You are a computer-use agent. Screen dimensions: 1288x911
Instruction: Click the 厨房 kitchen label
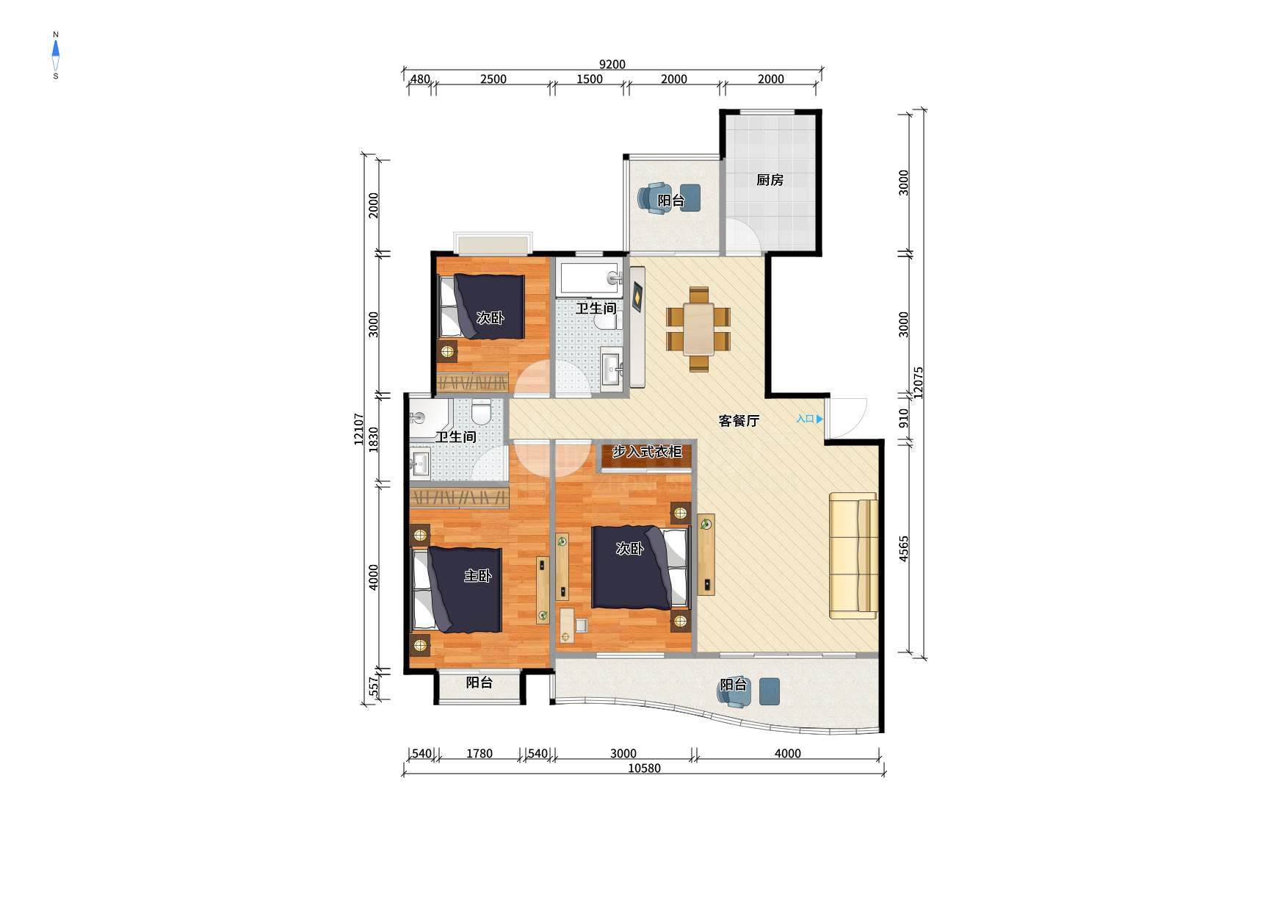click(770, 180)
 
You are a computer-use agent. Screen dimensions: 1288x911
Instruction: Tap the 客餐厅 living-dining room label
click(739, 421)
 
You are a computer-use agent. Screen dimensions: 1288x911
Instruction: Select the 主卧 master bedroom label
click(477, 576)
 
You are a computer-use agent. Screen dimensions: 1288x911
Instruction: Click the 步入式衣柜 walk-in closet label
click(647, 452)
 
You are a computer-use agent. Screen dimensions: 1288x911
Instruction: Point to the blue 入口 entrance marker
click(809, 419)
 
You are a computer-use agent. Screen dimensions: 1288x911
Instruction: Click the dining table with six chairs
click(698, 329)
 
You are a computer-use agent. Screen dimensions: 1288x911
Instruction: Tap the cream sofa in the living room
click(853, 555)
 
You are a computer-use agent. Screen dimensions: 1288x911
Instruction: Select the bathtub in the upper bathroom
click(590, 278)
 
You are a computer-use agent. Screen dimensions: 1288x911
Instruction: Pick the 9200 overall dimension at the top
click(612, 65)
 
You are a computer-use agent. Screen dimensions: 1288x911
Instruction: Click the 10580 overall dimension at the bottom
click(645, 768)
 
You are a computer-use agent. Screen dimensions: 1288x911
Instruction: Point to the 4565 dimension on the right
click(904, 548)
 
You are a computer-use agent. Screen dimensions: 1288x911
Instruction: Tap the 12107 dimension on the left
click(359, 428)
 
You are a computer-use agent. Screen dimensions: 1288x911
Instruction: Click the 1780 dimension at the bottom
click(480, 753)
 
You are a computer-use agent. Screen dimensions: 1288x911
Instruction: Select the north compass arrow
click(56, 49)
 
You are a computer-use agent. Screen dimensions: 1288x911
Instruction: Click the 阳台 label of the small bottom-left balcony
click(480, 683)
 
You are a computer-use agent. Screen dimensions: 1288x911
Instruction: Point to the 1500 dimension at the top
click(589, 79)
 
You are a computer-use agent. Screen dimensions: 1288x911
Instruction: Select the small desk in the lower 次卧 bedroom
click(567, 625)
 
